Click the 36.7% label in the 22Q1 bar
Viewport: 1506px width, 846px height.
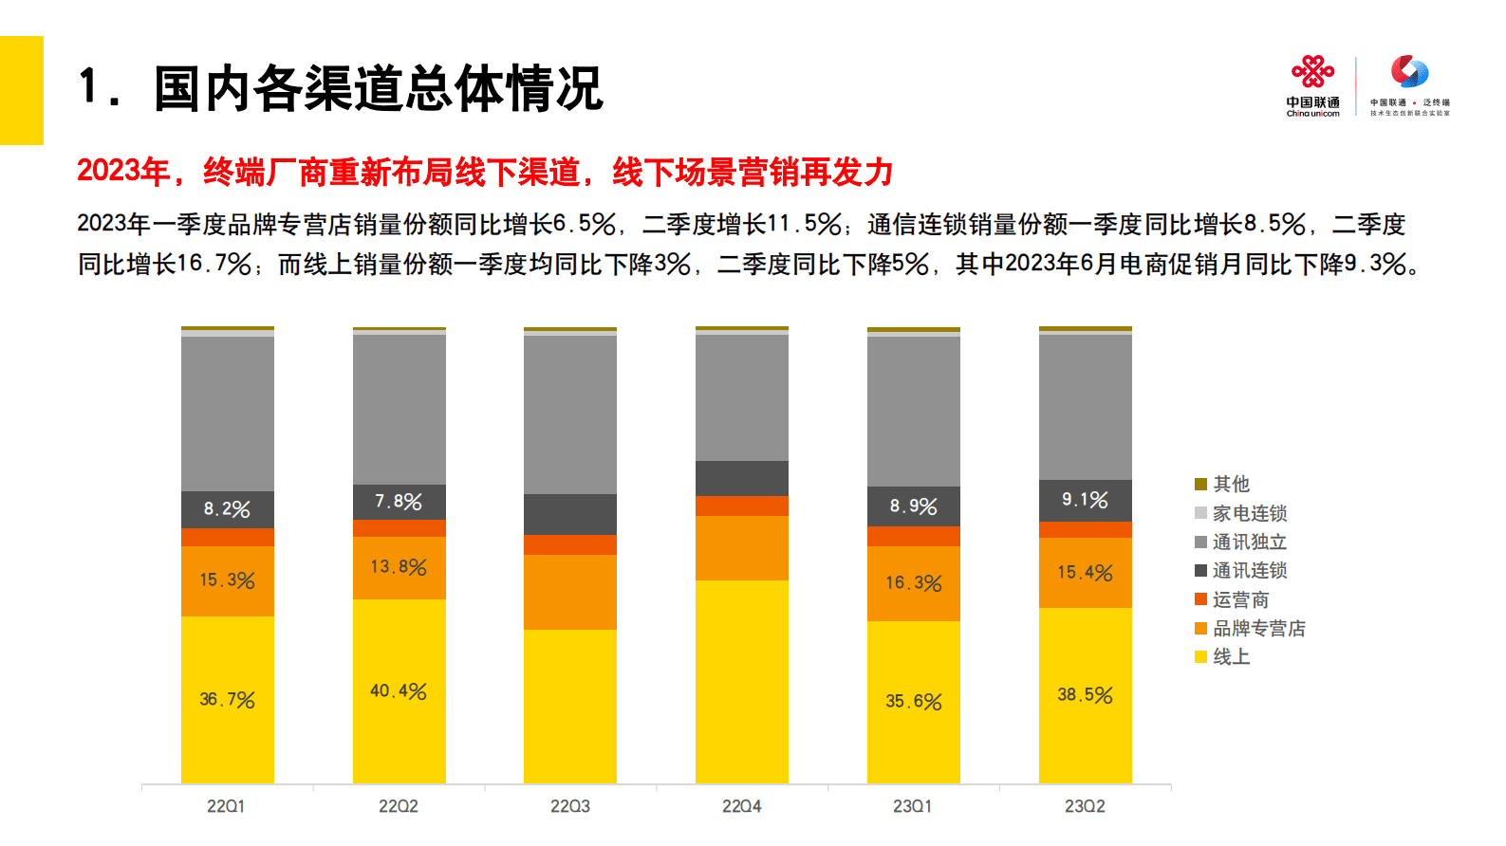[227, 700]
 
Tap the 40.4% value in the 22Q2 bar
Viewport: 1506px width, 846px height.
[399, 691]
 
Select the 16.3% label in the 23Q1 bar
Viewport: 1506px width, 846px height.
[913, 582]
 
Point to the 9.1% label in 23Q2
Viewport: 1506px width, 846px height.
[1085, 500]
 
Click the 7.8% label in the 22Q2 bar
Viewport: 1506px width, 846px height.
[399, 502]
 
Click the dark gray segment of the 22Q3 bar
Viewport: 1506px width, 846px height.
[569, 514]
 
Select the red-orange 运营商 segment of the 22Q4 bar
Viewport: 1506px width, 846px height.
[741, 506]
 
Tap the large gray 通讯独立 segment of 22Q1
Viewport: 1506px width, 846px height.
[227, 413]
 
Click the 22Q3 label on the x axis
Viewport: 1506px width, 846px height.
[569, 806]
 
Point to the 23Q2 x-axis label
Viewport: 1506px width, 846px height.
[1085, 806]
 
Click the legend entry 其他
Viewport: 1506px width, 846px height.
[1231, 485]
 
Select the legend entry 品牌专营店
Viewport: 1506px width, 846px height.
[1258, 629]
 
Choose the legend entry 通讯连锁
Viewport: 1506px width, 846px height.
[1249, 571]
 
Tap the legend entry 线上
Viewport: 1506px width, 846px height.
[1231, 657]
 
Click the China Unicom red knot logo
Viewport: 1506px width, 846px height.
[1312, 72]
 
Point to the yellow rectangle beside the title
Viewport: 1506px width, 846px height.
[21, 90]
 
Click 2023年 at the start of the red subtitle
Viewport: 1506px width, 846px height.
[122, 172]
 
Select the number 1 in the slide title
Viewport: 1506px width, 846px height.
[90, 87]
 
